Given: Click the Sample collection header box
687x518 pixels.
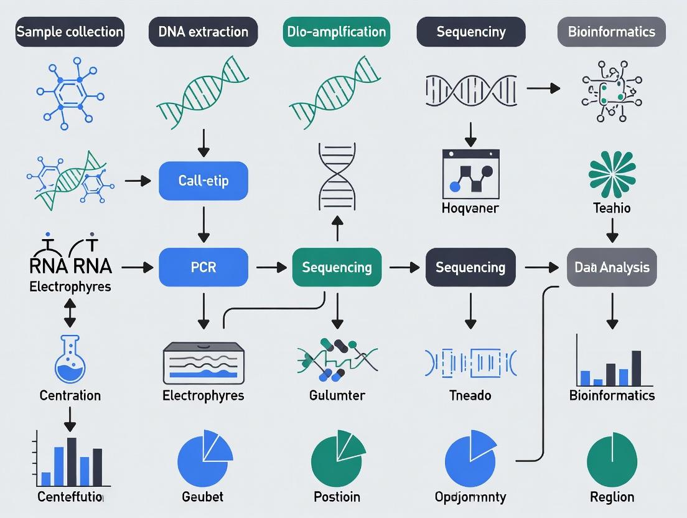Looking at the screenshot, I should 70,32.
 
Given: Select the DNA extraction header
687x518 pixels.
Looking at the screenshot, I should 203,32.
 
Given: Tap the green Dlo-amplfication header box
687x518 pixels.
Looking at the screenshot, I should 337,32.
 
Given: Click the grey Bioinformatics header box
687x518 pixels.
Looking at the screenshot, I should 612,32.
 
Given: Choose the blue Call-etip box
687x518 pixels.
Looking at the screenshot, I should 203,181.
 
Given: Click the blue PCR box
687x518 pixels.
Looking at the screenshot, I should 203,267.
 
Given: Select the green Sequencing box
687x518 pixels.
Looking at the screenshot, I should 337,267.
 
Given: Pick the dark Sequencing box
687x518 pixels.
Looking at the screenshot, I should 470,267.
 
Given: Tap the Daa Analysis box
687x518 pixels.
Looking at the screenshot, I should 612,267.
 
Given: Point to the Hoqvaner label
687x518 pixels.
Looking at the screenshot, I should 470,208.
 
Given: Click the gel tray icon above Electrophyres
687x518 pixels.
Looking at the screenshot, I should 203,363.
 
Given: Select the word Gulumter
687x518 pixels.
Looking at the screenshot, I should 337,395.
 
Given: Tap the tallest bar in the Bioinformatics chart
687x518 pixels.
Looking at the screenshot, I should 636,368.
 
